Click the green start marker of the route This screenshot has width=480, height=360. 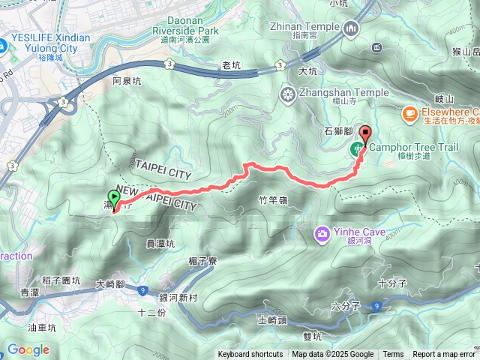tap(114, 197)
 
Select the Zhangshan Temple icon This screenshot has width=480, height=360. tap(287, 94)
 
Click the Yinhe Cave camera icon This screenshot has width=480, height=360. tap(322, 234)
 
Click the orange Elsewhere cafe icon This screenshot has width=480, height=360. tap(409, 113)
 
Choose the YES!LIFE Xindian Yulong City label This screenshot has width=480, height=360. tap(50, 43)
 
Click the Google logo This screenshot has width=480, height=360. tap(28, 349)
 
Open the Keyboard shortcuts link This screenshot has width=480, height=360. tap(250, 355)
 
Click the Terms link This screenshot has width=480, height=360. tap(393, 355)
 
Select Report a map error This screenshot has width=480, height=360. tap(444, 355)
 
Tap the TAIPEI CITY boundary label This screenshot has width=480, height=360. tap(167, 165)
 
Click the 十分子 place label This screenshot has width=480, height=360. tap(392, 283)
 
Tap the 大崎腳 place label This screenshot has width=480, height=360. tap(111, 285)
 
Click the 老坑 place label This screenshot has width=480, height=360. tap(232, 66)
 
